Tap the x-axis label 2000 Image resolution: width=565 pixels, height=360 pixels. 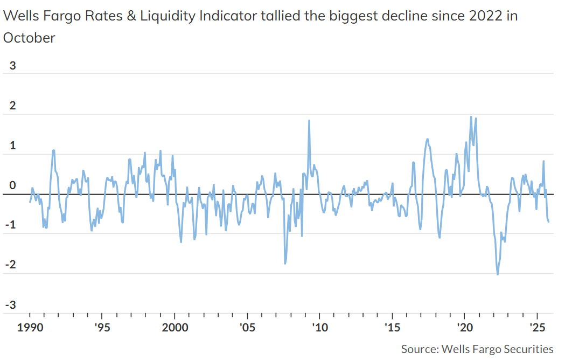coord(175,328)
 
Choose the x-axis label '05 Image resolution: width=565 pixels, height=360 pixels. coord(247,328)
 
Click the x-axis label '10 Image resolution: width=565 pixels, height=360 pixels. coord(319,328)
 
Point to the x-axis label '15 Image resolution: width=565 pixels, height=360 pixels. coord(392,328)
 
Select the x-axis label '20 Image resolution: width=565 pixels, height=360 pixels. coord(465,328)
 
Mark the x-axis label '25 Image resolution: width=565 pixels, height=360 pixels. coord(537,328)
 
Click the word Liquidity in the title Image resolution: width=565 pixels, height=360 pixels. coord(168,16)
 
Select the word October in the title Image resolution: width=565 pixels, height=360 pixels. coord(29,38)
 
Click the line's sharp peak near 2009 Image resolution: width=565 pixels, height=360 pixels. coord(309,120)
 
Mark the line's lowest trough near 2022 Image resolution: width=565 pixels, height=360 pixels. coord(497,274)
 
